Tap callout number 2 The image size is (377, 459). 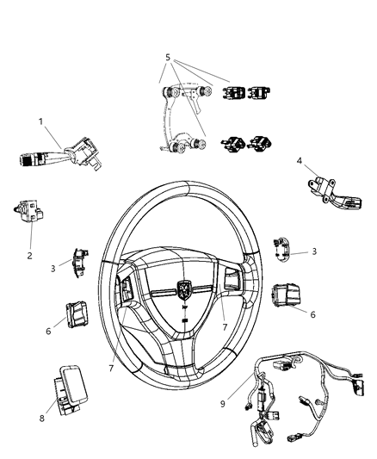coord(30,256)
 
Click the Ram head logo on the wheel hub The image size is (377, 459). coord(184,288)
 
